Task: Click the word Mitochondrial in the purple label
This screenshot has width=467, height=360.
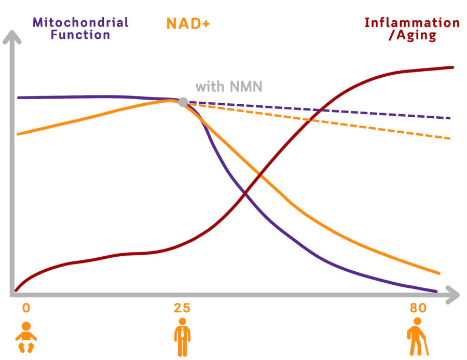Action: (80, 22)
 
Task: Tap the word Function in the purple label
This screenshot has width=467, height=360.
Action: (80, 35)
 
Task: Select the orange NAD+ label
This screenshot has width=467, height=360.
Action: (188, 23)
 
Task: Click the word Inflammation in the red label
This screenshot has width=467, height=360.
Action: (412, 23)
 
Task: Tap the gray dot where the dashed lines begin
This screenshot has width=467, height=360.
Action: (183, 102)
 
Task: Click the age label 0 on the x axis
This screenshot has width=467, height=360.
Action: (26, 308)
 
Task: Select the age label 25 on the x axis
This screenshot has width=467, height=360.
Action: (182, 308)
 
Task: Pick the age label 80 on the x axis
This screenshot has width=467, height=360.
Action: (418, 308)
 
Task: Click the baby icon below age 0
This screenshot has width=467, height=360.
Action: (26, 337)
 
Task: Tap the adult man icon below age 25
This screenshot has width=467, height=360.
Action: (182, 337)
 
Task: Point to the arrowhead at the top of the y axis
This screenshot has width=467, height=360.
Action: (15, 37)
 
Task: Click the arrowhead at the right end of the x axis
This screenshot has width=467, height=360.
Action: (453, 295)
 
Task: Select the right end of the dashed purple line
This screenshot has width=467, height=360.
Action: (449, 118)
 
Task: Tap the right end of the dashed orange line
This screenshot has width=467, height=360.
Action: (449, 139)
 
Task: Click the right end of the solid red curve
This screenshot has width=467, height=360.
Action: (452, 67)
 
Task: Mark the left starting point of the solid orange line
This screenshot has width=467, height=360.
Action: (18, 134)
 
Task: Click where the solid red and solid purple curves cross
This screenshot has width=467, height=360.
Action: (245, 193)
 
